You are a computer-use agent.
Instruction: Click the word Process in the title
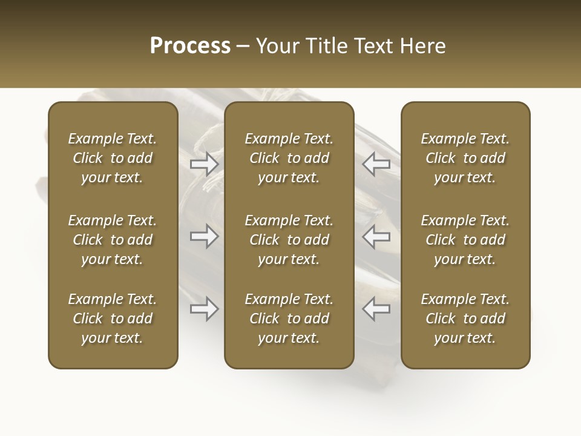point(190,46)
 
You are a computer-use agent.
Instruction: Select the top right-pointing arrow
point(205,163)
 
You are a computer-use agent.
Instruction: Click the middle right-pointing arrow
point(205,236)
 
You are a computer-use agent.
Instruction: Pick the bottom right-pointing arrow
point(205,309)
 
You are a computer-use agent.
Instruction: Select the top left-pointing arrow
point(376,163)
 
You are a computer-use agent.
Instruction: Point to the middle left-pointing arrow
point(376,236)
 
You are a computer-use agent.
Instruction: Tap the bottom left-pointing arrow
point(376,309)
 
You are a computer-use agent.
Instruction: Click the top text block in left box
point(113,158)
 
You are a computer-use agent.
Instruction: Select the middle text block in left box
point(113,240)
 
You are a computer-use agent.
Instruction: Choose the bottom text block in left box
point(113,319)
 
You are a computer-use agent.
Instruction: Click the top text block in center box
point(289,158)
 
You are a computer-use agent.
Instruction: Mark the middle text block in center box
point(289,240)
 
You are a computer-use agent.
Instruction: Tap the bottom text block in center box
point(289,319)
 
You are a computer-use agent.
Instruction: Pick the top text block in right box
point(465,158)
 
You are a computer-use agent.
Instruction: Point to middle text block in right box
point(465,240)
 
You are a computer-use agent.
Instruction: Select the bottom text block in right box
point(465,319)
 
